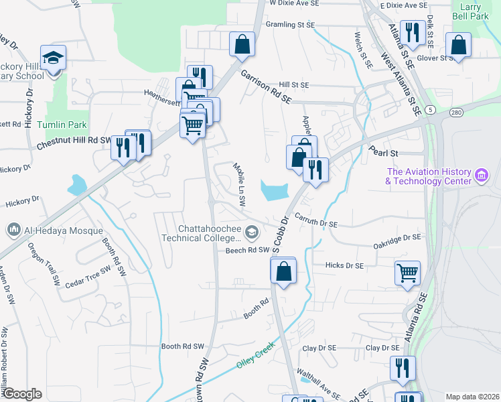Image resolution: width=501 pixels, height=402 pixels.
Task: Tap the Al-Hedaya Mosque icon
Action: pyautogui.click(x=13, y=230)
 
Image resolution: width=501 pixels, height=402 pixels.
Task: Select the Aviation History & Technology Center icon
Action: pyautogui.click(x=480, y=176)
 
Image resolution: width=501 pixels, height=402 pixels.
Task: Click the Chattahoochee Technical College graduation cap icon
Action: pyautogui.click(x=252, y=232)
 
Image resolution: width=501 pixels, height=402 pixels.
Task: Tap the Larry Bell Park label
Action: pyautogui.click(x=471, y=11)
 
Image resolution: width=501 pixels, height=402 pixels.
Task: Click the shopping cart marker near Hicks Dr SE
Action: pyautogui.click(x=407, y=273)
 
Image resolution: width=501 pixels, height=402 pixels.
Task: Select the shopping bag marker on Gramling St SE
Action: pyautogui.click(x=242, y=45)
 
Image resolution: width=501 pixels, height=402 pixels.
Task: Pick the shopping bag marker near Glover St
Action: pyautogui.click(x=459, y=46)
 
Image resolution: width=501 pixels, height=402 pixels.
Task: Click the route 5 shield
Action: pyautogui.click(x=430, y=109)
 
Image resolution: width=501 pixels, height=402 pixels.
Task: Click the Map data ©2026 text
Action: pyautogui.click(x=472, y=397)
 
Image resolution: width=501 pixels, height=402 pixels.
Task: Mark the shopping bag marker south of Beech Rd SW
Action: pyautogui.click(x=283, y=271)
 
